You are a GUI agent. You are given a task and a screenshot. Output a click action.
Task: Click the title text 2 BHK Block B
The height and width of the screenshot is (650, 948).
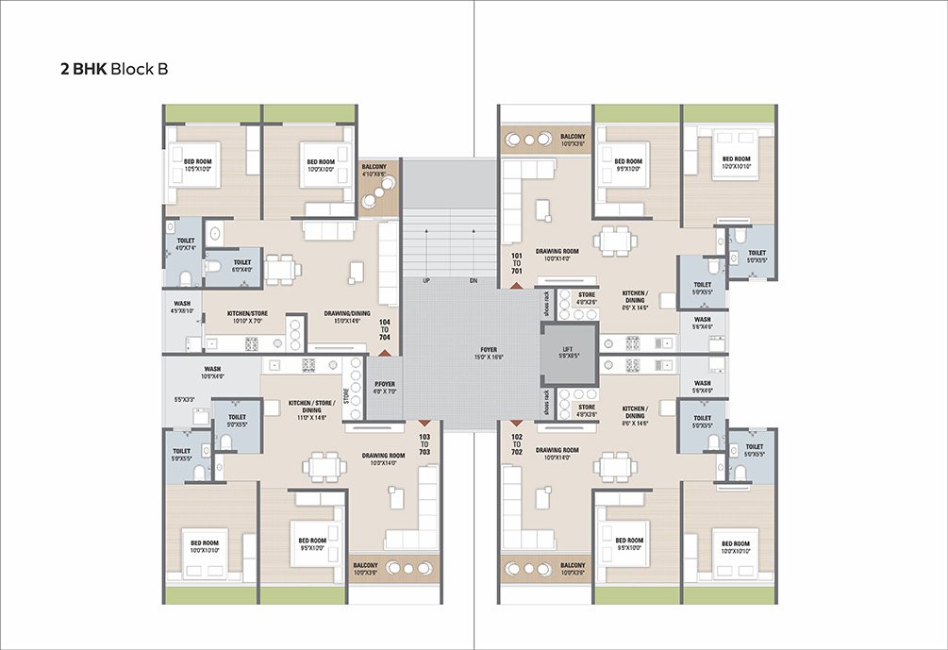coord(114,70)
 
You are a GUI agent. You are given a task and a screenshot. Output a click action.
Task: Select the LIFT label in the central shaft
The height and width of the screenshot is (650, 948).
coord(567,353)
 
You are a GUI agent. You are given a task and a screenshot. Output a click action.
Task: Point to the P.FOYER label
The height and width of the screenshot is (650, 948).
coord(383,387)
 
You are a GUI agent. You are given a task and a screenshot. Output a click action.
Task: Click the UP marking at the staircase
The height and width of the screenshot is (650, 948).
coord(425,281)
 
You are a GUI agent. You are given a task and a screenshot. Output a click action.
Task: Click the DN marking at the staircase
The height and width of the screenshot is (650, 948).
coord(473,281)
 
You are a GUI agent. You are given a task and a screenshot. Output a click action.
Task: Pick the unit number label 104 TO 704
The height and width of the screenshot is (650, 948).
coord(384,330)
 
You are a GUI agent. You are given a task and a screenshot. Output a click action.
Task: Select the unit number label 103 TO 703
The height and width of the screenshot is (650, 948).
coord(424,443)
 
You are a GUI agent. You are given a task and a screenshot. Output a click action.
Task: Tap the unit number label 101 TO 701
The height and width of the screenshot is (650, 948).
coord(516,262)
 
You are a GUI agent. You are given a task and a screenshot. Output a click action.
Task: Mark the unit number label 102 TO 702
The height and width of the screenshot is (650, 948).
coord(516,443)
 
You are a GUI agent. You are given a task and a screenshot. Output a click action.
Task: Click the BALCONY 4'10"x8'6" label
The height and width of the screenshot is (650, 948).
coord(374,170)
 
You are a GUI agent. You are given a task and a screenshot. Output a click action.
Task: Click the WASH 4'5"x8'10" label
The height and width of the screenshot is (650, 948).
coord(182,307)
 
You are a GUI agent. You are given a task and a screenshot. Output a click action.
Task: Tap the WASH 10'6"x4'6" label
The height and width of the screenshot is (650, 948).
coord(212,373)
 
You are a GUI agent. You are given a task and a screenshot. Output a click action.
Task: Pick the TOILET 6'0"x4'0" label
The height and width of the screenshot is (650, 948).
coord(241,266)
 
